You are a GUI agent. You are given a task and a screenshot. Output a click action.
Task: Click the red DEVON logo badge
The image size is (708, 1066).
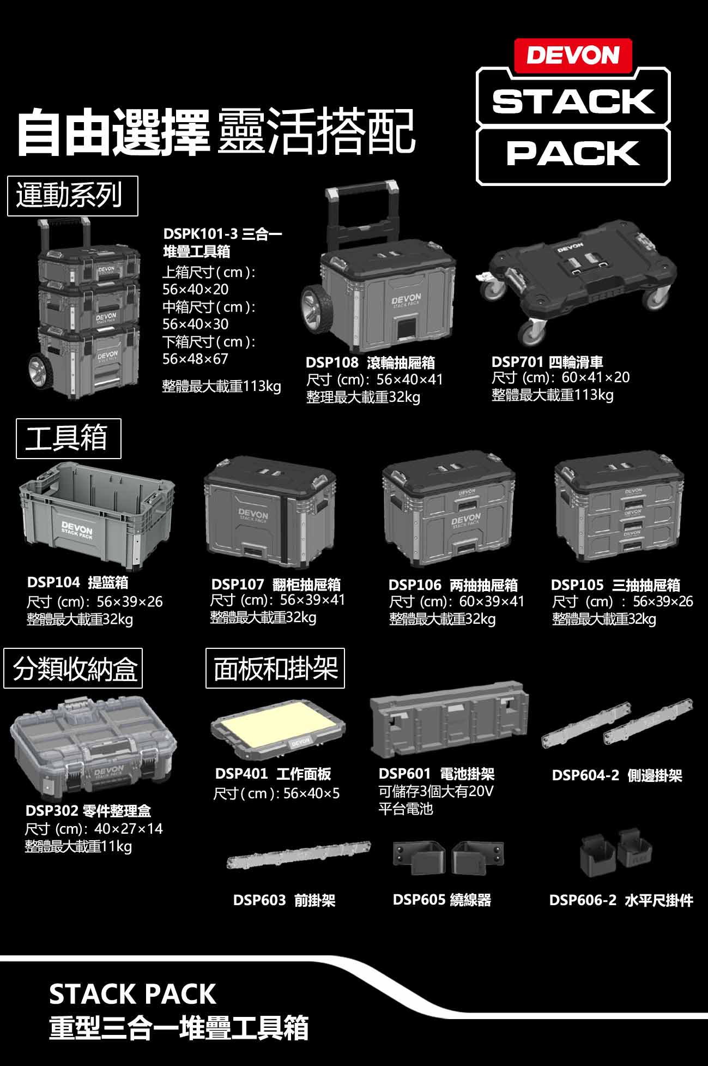point(573,55)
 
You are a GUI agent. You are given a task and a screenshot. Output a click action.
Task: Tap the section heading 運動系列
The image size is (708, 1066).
point(72,195)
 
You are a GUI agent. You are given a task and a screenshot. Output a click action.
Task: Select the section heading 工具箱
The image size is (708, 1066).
point(68,438)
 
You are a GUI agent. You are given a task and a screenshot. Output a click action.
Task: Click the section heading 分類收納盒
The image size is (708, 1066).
point(73,668)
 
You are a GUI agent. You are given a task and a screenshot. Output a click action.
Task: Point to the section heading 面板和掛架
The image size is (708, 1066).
point(275,668)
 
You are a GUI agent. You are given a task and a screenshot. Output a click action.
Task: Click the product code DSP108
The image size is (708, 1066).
point(332,362)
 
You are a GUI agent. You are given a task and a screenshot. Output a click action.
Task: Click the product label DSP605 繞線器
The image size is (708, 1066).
point(441,900)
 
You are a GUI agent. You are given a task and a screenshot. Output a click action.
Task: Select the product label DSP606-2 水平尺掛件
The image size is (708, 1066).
point(621,900)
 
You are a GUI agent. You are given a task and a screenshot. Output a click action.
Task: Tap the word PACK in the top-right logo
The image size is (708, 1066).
point(573,153)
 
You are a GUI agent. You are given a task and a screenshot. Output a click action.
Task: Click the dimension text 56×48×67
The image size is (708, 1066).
point(195,359)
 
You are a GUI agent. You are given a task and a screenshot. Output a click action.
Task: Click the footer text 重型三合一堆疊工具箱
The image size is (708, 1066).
point(179,1028)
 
